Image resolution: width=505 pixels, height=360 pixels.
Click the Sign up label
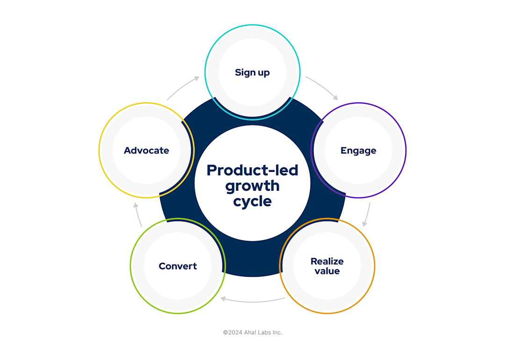click(x=252, y=72)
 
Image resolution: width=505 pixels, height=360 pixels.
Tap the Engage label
click(x=358, y=151)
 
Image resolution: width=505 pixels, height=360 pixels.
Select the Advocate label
click(x=146, y=151)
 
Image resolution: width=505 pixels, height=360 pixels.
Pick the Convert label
click(x=178, y=266)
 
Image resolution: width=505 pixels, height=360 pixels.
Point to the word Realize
click(x=327, y=261)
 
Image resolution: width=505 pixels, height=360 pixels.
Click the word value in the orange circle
click(x=327, y=271)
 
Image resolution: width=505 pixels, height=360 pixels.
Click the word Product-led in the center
click(x=252, y=170)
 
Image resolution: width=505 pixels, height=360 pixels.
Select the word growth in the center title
click(x=252, y=186)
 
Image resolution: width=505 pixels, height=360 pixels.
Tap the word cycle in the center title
click(x=252, y=202)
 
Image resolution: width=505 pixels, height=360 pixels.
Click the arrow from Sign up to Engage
click(x=322, y=86)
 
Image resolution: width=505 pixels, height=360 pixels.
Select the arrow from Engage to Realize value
click(x=367, y=215)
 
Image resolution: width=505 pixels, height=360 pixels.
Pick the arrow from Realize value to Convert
click(x=252, y=300)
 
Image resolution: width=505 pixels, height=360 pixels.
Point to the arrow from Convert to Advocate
click(x=138, y=215)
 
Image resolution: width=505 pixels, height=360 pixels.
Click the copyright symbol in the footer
click(x=225, y=332)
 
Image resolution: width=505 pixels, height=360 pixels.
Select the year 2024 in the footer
click(x=235, y=332)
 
